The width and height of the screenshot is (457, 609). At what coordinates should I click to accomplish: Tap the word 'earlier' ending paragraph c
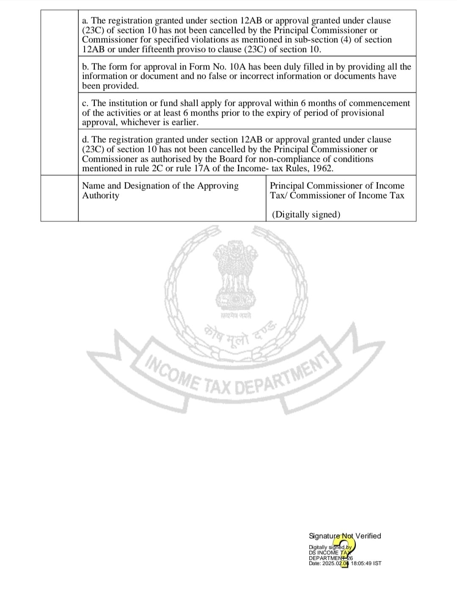coord(182,122)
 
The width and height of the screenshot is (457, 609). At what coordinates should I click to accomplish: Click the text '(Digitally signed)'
coord(306,215)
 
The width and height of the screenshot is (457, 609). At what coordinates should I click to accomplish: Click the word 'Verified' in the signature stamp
coord(368,536)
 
